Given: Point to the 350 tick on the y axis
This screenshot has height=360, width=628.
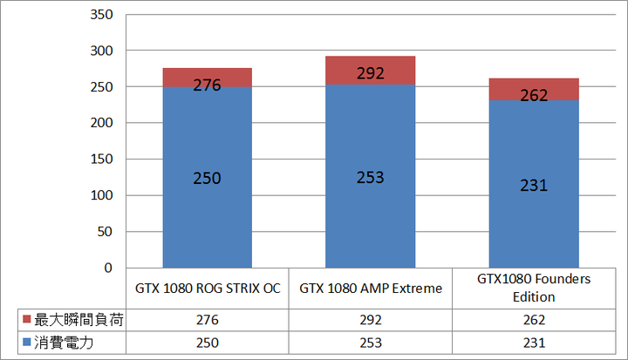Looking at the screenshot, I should (102, 16).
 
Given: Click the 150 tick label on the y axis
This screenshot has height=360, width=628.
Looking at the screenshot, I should (102, 160).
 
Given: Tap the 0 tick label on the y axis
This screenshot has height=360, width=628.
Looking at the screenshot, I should (109, 268).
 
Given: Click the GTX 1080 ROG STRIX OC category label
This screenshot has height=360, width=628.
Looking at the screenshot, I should (208, 288).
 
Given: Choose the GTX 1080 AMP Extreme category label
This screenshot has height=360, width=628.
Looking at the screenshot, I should (371, 288).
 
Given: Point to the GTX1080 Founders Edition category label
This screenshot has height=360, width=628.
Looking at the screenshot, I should (534, 288).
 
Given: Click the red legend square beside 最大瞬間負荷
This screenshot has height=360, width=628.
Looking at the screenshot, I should (24, 321).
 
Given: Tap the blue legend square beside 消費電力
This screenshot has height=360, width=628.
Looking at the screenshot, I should (24, 343).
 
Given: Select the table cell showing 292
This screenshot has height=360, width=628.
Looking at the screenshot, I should (371, 321).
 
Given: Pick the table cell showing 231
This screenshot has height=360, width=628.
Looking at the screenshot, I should (534, 343).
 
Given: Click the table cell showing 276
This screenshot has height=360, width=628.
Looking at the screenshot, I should (208, 321).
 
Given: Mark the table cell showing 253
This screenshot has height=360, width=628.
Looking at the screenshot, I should (371, 343).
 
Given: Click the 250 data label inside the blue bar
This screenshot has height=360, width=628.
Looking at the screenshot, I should (208, 178).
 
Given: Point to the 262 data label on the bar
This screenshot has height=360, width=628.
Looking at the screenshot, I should (534, 96).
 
